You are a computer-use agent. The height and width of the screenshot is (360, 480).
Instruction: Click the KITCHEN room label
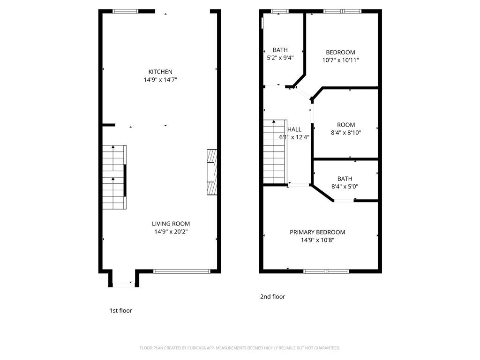tap(160, 72)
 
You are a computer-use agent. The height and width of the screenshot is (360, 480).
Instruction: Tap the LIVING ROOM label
tap(171, 224)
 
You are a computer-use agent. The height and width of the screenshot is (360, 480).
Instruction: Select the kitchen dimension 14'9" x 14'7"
tap(160, 80)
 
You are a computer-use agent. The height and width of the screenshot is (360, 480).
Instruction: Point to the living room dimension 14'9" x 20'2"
tap(171, 232)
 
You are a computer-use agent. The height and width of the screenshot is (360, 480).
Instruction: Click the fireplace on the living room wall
tap(212, 172)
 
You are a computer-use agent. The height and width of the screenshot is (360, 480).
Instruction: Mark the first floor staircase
tap(114, 177)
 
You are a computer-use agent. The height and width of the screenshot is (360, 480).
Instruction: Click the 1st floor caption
tap(120, 311)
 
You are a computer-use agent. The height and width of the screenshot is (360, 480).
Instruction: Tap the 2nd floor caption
tap(272, 297)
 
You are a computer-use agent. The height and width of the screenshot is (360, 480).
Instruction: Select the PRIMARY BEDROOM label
tap(317, 232)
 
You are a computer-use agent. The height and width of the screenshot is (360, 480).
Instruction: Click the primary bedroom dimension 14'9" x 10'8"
tap(317, 240)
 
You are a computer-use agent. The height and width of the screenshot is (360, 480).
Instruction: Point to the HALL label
tap(294, 129)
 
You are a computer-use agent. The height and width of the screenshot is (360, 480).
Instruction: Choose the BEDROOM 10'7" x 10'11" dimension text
tap(340, 60)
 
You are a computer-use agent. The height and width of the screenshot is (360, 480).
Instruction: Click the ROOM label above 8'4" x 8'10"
tap(346, 125)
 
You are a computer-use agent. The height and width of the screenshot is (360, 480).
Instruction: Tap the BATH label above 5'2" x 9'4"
tap(280, 50)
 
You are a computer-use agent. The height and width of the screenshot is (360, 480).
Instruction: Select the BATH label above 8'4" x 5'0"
tap(345, 179)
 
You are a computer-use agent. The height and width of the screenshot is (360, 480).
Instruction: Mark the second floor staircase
tap(275, 152)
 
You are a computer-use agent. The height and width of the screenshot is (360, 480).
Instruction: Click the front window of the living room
tap(182, 271)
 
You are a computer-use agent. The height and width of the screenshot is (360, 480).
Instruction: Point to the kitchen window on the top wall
tap(125, 11)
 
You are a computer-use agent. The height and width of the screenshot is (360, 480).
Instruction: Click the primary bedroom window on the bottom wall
tap(326, 271)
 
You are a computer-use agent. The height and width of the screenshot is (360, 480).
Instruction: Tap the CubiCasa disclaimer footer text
tap(240, 348)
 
